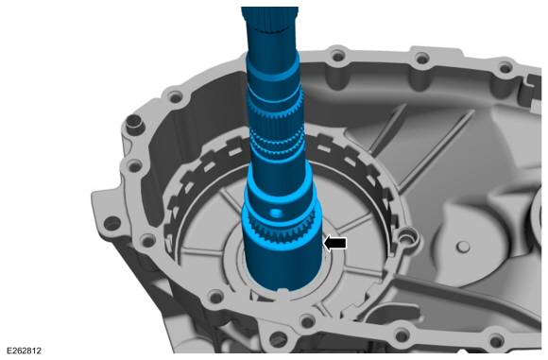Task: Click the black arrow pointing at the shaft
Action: [335, 243]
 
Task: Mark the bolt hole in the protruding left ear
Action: [111, 224]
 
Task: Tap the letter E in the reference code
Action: [7, 351]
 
